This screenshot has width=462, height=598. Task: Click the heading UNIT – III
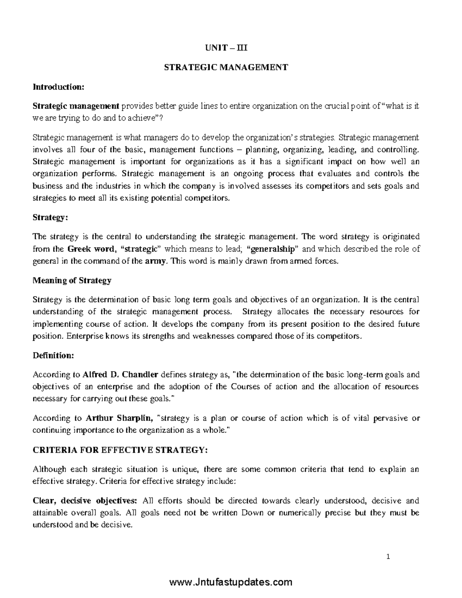pos(226,49)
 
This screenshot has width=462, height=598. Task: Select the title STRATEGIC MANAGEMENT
pos(226,68)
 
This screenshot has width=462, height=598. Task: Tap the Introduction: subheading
pos(58,87)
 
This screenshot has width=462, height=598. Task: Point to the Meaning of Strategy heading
pos(72,280)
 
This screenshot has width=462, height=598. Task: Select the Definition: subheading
pos(53,355)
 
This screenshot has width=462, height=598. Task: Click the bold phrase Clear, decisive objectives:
pos(85,501)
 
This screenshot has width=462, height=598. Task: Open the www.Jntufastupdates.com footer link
pos(231,582)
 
